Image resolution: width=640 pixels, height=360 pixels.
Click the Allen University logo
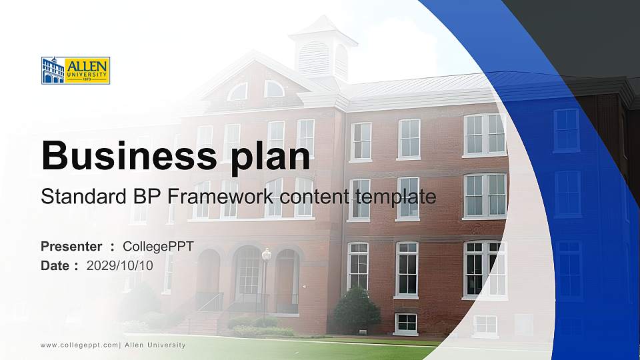(75, 70)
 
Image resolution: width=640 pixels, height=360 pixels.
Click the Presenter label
(71, 247)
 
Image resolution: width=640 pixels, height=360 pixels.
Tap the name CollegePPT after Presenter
(159, 247)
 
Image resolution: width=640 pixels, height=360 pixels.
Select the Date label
(55, 265)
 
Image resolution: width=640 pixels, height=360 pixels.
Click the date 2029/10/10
(120, 265)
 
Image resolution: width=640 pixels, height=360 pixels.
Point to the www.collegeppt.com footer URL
(79, 345)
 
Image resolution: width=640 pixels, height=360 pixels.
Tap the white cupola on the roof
(323, 50)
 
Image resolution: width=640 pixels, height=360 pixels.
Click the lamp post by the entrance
(266, 280)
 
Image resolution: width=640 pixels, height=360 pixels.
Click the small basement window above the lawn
(405, 323)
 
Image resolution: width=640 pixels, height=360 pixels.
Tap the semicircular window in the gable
(274, 89)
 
